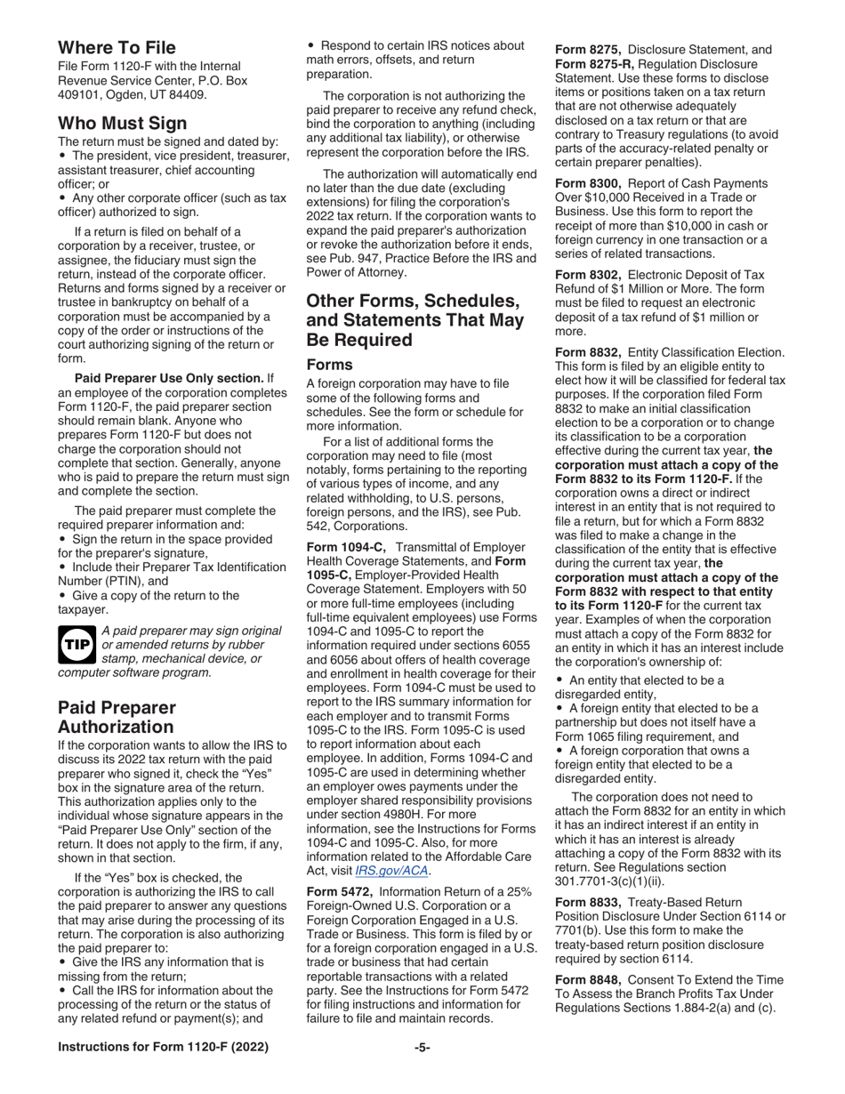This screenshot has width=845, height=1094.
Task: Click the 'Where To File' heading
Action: pos(117,47)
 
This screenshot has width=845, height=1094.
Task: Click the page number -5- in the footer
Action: pos(422,1073)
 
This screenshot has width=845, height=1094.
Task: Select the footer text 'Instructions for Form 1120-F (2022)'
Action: pos(168,1073)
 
